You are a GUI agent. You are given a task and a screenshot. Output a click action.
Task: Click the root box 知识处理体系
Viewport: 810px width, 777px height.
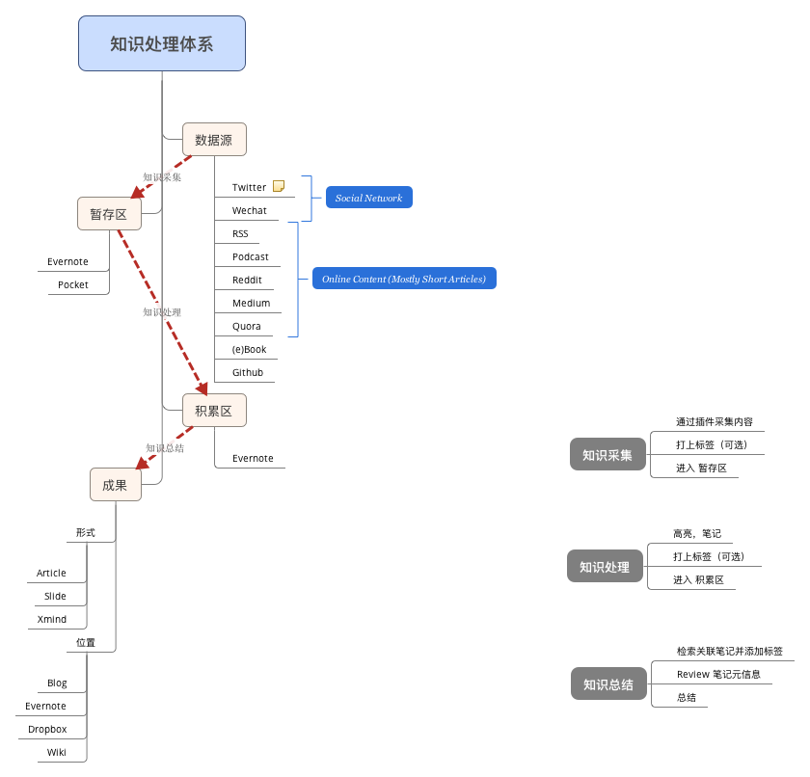162,43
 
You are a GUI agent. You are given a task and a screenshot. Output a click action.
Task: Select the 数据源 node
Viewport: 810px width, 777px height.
214,140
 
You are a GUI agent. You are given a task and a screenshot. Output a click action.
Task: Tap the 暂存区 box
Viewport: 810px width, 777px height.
109,214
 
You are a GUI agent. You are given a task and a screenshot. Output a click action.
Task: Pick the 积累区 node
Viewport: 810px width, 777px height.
214,411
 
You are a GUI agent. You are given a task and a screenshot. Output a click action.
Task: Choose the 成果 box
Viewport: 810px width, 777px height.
115,485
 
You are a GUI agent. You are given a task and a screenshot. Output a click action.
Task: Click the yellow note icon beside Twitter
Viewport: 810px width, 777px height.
279,186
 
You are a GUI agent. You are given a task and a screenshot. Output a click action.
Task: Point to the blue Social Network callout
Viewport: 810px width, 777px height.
368,198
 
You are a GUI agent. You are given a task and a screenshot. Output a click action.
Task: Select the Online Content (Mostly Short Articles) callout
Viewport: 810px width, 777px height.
404,279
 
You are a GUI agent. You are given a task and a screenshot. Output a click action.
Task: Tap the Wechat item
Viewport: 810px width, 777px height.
250,211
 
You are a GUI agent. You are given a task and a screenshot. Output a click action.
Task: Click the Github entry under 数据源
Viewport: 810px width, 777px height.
248,372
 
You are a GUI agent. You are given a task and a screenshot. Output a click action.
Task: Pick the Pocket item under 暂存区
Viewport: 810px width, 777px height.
73,284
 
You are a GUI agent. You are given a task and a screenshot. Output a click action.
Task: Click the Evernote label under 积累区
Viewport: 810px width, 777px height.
253,458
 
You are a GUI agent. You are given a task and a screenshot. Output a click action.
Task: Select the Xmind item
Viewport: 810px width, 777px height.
52,619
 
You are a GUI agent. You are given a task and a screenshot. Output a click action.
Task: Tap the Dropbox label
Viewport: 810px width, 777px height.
47,729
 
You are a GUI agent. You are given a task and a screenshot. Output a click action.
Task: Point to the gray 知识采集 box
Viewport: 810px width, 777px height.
607,454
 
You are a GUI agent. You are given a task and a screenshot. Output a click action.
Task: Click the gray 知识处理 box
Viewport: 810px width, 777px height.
605,566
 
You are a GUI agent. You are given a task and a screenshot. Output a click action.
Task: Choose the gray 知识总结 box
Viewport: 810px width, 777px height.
608,683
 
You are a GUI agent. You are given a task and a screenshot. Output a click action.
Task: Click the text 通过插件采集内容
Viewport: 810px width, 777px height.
715,422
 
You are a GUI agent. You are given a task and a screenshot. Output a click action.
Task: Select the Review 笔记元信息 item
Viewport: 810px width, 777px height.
718,674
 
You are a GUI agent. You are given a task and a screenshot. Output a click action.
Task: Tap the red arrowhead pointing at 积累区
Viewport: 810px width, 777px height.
202,388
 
